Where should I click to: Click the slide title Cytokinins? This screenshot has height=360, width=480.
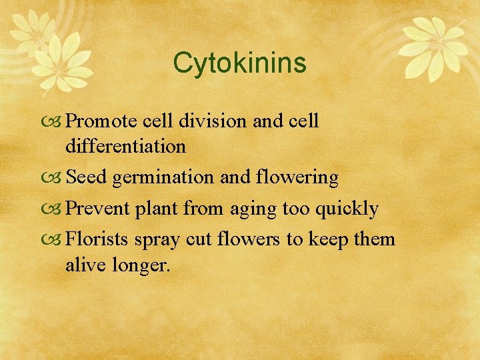(239, 63)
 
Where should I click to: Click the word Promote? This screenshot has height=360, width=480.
(100, 121)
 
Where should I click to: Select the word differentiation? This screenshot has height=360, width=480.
(125, 147)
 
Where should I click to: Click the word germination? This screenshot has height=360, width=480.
(163, 179)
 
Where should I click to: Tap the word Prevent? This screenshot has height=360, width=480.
(98, 209)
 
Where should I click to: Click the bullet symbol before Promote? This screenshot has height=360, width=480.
(57, 122)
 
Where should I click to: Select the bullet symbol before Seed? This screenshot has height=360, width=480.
(57, 179)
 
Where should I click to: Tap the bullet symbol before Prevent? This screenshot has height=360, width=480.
(57, 209)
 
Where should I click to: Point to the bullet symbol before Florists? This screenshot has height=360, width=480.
(57, 239)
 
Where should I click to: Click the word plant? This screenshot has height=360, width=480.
(157, 209)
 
